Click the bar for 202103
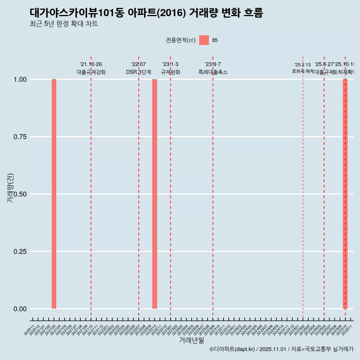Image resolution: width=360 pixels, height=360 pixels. coord(54,194)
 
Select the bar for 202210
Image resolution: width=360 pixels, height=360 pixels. coord(154,194)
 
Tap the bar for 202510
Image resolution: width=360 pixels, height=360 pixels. coord(345,194)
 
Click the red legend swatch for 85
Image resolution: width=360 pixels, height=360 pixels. coord(204,40)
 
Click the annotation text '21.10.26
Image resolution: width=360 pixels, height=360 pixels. coord(91,64)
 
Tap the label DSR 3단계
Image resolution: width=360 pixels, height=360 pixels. coord(138,72)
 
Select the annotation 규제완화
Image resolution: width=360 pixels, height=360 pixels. coord(171,72)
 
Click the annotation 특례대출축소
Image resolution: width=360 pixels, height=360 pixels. coord(213,72)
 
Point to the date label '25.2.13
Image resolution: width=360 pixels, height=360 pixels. coord(303,65)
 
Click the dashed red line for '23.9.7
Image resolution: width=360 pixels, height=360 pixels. coord(213,187)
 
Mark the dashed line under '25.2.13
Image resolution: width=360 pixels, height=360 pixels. coord(303,187)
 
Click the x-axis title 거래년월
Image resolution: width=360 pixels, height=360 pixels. coord(191,340)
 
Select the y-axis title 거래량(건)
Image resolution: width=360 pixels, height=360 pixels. coord(10,188)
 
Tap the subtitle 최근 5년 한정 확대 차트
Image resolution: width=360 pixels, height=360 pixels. coord(64,24)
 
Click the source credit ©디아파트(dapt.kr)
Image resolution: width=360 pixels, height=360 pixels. coord(232,349)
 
